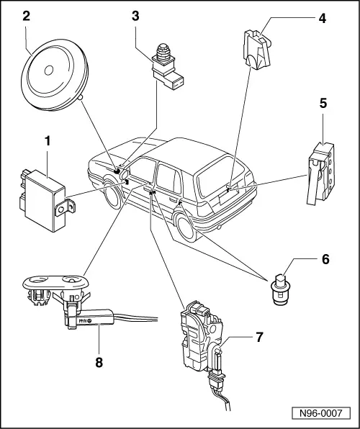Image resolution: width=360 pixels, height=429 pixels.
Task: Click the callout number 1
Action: point(48,142)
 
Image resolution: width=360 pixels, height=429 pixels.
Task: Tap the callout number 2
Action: point(27,16)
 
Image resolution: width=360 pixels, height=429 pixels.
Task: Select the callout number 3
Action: point(135,16)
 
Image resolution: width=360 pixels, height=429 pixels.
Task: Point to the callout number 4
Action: point(323,18)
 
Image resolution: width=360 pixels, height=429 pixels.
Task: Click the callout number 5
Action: point(323,104)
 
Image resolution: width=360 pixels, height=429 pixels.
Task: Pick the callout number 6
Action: point(325,259)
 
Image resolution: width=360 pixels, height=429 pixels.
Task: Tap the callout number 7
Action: point(259,337)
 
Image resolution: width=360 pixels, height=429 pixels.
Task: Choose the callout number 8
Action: point(99,363)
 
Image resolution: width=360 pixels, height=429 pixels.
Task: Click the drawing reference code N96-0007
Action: point(321,413)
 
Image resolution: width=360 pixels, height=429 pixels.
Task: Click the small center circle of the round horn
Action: point(49,71)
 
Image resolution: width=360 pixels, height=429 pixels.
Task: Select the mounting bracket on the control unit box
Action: point(65,208)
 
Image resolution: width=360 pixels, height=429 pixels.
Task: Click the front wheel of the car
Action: point(112,194)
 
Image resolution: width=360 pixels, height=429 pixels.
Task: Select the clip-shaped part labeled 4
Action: point(257,50)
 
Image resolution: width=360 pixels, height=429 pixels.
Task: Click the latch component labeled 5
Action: point(321,173)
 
